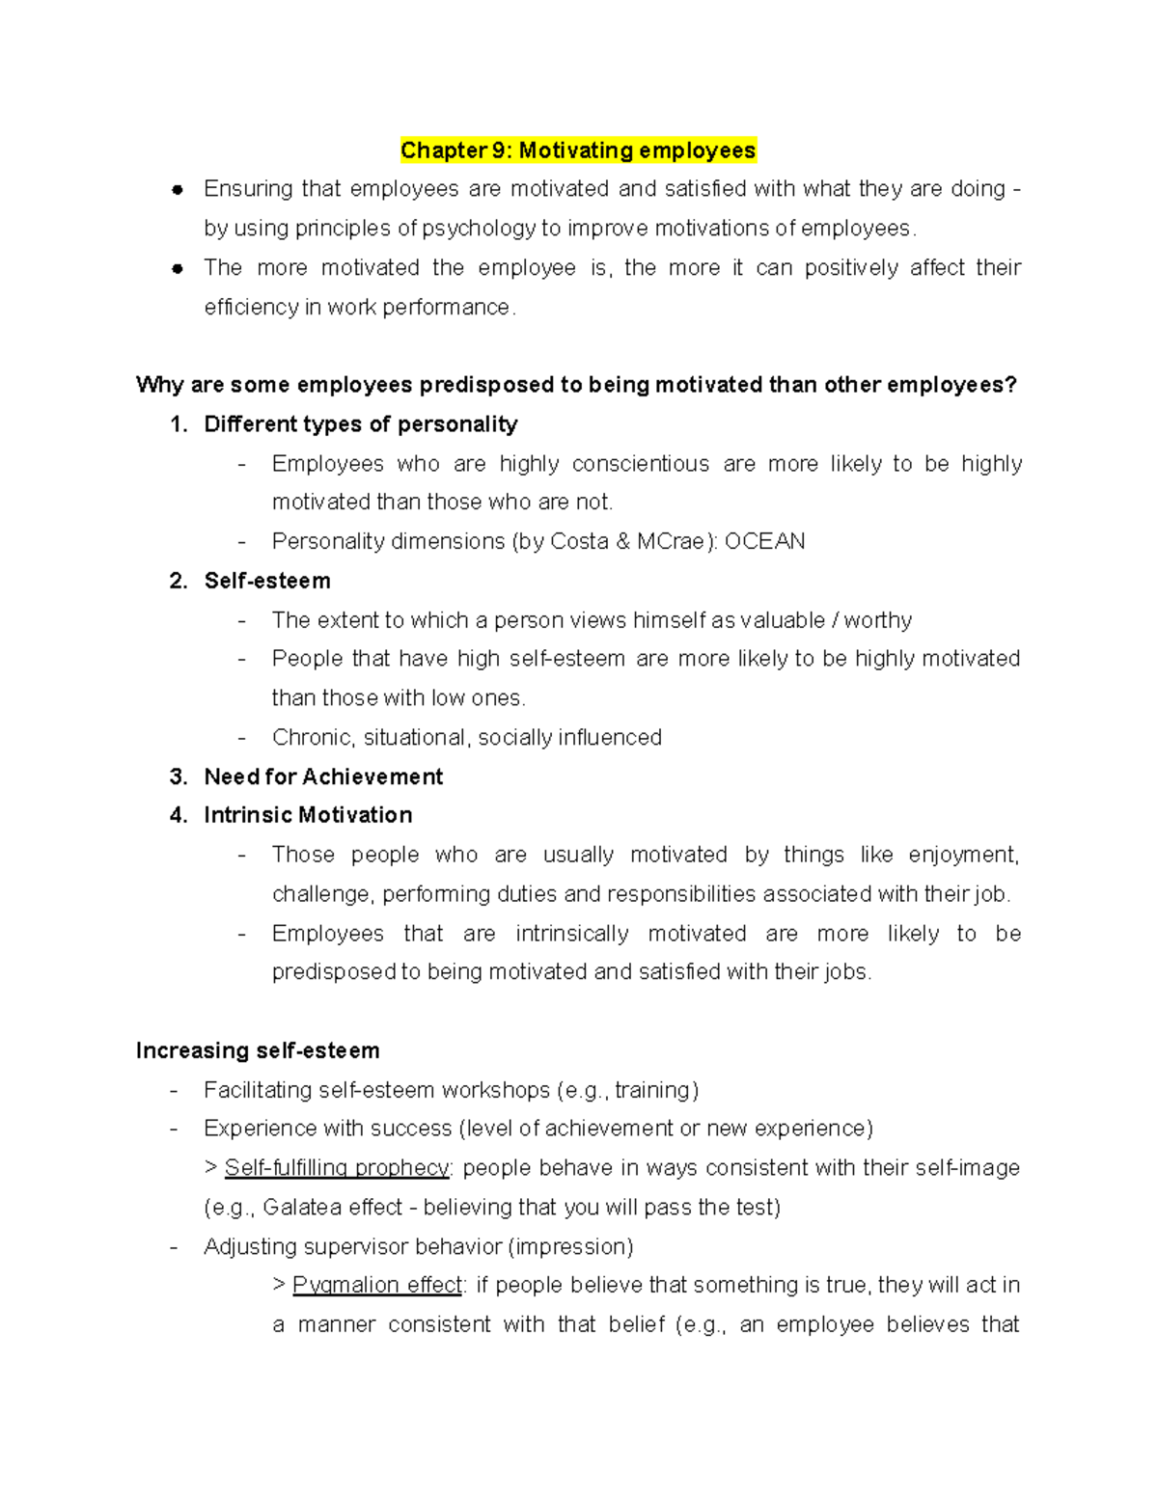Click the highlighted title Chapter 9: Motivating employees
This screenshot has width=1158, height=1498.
click(578, 150)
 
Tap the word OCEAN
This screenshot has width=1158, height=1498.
click(764, 541)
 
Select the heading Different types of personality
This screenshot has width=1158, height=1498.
click(361, 424)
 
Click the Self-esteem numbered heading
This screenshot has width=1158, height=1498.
click(267, 581)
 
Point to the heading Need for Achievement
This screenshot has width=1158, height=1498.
click(323, 776)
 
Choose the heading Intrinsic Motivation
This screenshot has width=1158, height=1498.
click(308, 815)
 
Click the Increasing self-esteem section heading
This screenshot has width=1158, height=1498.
click(258, 1050)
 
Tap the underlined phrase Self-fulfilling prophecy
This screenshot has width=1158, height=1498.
click(337, 1168)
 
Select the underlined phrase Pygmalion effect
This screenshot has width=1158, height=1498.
click(377, 1285)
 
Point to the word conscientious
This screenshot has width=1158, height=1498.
click(641, 464)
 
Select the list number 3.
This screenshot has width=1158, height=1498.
click(178, 776)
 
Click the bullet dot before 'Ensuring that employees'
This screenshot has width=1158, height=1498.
click(178, 190)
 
